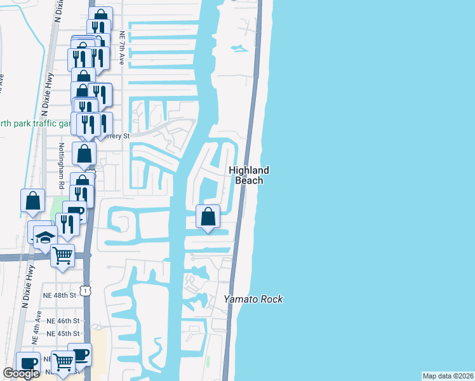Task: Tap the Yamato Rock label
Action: (253, 299)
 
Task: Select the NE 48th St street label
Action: (60, 295)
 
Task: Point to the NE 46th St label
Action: (64, 321)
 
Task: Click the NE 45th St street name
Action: (64, 333)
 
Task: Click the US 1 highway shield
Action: (84, 290)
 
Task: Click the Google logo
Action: (21, 373)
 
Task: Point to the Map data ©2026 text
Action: (448, 376)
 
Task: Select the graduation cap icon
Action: (44, 237)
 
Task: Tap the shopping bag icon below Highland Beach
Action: (208, 216)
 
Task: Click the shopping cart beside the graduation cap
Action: (62, 255)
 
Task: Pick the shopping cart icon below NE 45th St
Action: (63, 363)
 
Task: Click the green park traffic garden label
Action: (32, 123)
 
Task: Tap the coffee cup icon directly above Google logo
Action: (28, 362)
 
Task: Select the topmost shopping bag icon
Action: (100, 17)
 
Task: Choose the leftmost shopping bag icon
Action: (32, 200)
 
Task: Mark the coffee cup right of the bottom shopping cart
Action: (79, 354)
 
